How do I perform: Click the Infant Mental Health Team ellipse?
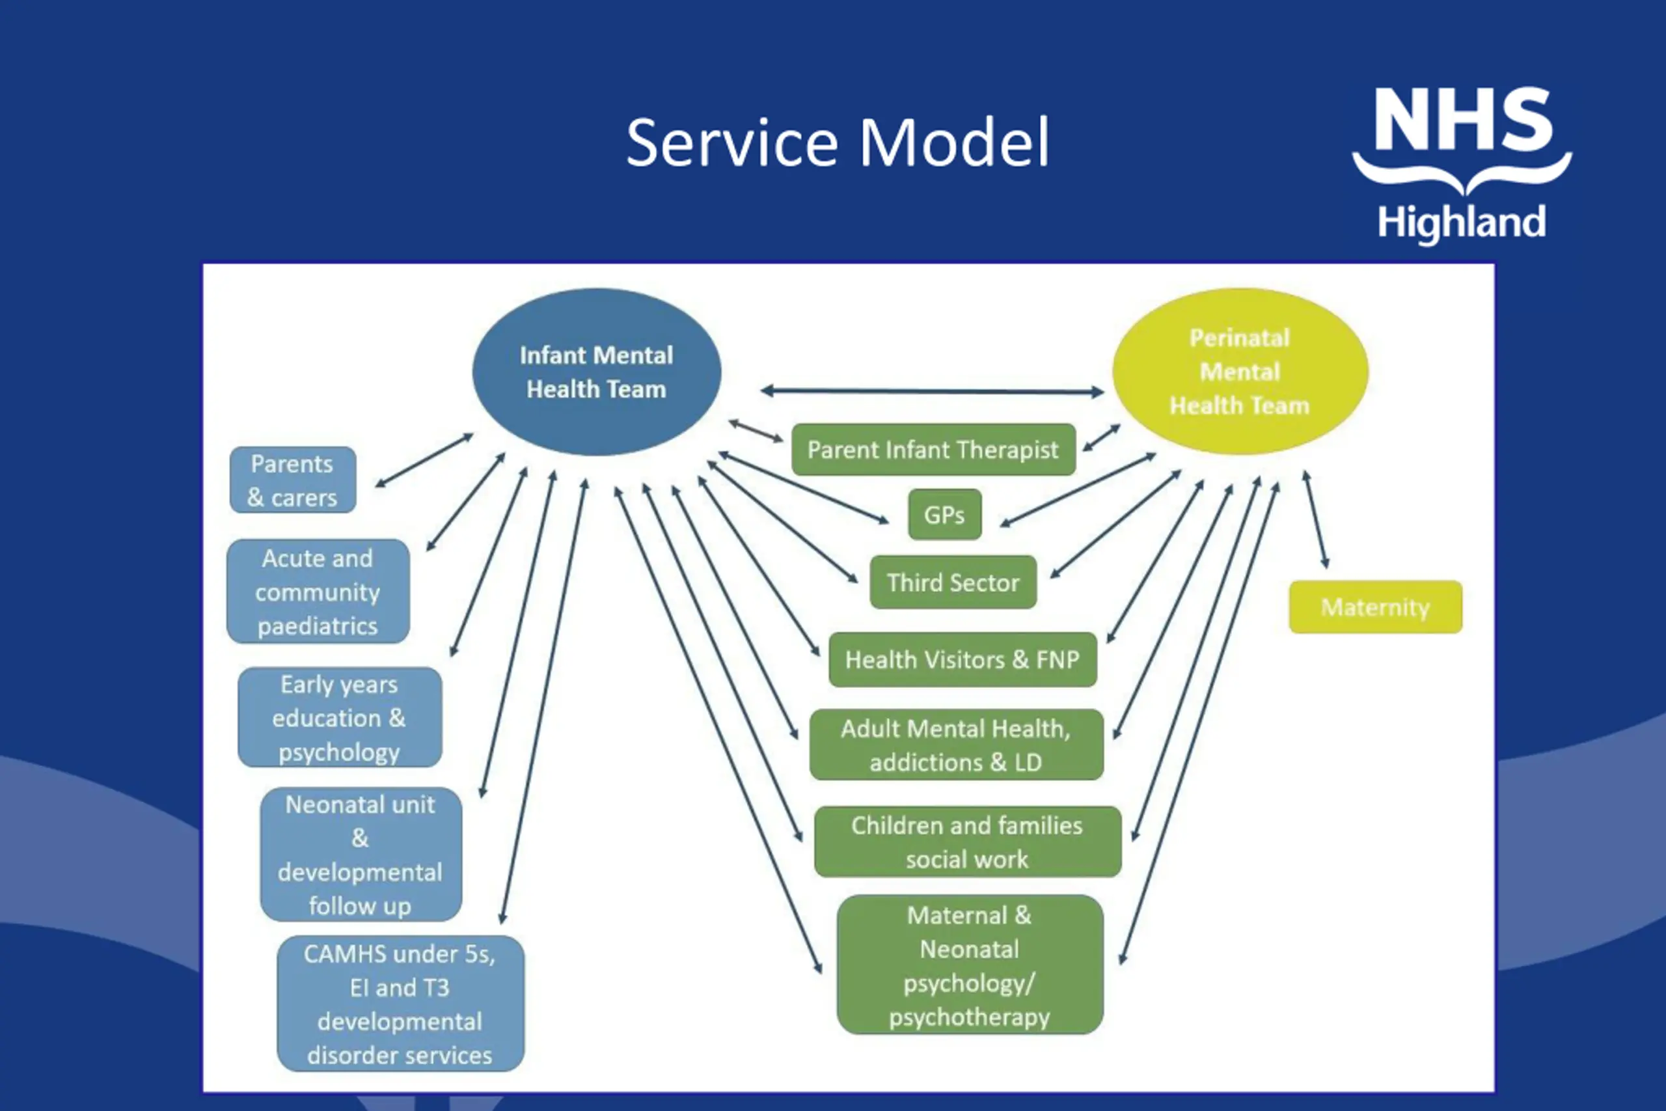pos(596,372)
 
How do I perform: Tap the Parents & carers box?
pos(293,480)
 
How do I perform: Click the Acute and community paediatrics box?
pos(318,592)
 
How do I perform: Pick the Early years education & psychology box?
pos(340,717)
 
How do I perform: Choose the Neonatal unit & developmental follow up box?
pos(361,855)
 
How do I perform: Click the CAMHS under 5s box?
pos(401,1004)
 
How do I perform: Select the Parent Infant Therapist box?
pos(934,449)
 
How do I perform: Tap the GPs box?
pos(945,514)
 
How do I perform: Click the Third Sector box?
pos(953,583)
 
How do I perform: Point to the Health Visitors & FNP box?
pos(963,660)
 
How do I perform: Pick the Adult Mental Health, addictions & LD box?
pos(956,745)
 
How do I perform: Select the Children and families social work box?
pos(968,842)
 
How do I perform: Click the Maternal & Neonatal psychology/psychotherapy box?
pos(970,965)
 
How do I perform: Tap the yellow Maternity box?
pos(1376,607)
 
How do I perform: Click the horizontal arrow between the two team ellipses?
pos(932,391)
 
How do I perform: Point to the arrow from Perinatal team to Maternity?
pos(1316,519)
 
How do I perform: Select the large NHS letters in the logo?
pos(1464,119)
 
